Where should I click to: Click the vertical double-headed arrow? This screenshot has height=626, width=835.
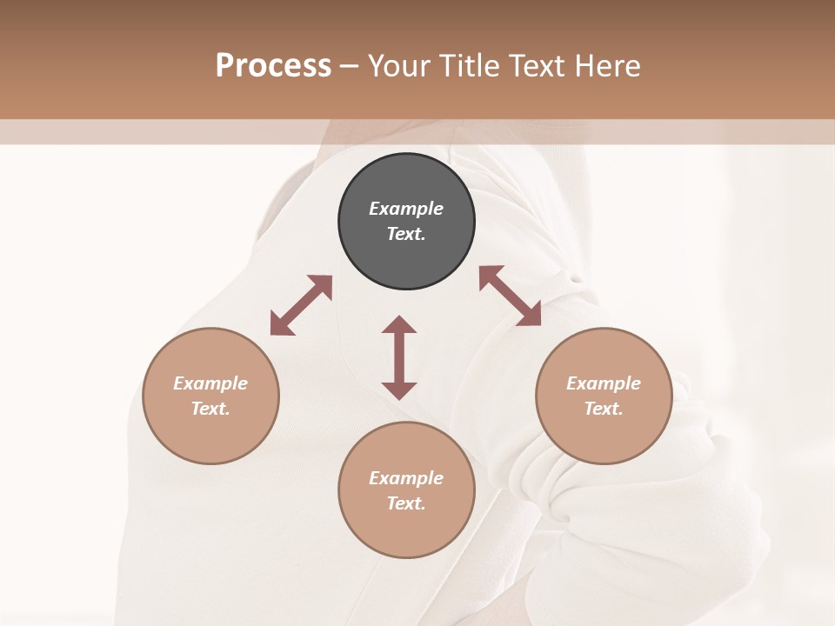(399, 357)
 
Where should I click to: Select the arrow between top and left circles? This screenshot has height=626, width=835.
(301, 305)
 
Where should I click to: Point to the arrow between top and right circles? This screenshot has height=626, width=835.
(510, 296)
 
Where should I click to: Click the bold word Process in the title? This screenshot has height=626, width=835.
(273, 66)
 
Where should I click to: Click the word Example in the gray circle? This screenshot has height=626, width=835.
(406, 209)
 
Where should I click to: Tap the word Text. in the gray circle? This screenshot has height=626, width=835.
(406, 234)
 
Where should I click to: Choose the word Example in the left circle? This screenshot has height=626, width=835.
(210, 383)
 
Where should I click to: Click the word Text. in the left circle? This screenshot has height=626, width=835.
(210, 409)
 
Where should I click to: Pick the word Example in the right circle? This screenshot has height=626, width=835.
(604, 383)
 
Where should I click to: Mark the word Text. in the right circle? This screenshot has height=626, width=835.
(604, 409)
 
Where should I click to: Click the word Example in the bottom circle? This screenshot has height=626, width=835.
(406, 478)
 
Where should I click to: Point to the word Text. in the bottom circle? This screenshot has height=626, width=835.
(406, 503)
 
